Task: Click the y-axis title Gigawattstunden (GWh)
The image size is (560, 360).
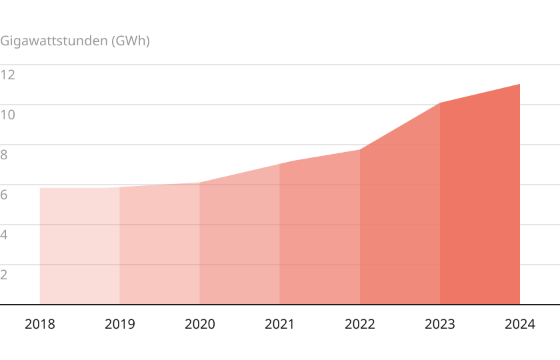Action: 75,41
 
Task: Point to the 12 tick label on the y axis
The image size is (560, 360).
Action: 8,75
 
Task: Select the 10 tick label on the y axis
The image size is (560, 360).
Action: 8,115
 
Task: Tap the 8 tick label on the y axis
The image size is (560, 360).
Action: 5,155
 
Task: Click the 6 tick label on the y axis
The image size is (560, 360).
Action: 5,195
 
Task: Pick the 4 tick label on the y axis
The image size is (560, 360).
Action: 5,235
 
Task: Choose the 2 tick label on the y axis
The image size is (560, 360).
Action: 5,275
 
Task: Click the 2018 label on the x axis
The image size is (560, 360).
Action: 40,325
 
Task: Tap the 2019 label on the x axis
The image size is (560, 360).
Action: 120,325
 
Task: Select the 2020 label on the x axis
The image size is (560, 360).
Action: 200,325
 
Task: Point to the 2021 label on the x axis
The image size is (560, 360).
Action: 280,325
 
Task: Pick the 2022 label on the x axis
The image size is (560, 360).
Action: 360,325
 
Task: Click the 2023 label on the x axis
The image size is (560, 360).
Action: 440,325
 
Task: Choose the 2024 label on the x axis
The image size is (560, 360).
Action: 520,325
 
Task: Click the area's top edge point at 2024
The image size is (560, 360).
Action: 519,84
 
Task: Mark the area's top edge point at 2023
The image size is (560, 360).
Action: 440,103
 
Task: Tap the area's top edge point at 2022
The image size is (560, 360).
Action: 360,149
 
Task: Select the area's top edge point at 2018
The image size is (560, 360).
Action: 40,188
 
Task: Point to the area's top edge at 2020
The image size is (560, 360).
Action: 200,183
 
